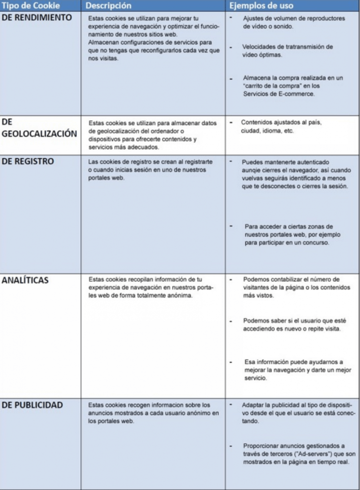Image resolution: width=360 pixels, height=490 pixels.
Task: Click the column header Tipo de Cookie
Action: click(x=31, y=6)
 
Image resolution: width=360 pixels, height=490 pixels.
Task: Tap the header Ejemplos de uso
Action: click(x=262, y=6)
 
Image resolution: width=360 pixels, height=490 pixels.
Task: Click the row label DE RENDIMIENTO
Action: click(x=37, y=18)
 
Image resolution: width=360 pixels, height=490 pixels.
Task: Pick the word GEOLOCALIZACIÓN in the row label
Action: click(x=39, y=134)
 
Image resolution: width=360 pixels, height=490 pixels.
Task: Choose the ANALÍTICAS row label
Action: click(x=25, y=280)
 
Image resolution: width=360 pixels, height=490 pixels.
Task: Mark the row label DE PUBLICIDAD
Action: click(x=33, y=405)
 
